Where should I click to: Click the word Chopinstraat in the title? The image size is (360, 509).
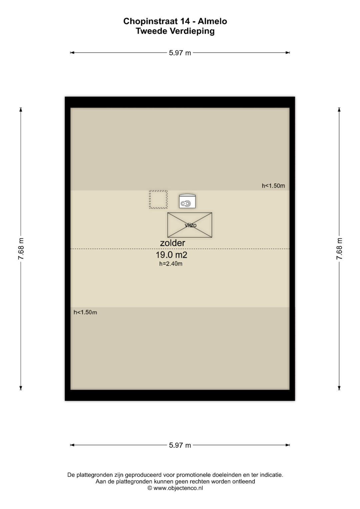(x=150, y=21)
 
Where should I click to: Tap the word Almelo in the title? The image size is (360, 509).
(x=212, y=21)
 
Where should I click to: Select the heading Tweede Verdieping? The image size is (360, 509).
(x=175, y=31)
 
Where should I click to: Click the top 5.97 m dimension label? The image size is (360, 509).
(x=180, y=53)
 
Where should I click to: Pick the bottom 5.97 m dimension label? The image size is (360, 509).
(x=180, y=445)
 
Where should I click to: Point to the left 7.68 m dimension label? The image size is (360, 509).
(x=21, y=249)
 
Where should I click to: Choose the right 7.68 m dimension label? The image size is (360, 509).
(x=339, y=249)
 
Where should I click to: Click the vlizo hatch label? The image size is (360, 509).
(x=190, y=225)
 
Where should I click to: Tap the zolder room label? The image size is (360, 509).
(x=173, y=243)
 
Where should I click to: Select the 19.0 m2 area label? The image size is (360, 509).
(x=171, y=255)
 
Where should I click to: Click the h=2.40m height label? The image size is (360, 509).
(x=171, y=264)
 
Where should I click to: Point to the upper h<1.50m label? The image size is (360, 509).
(x=273, y=186)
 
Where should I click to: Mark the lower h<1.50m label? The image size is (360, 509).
(x=85, y=312)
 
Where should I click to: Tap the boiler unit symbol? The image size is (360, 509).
(x=187, y=201)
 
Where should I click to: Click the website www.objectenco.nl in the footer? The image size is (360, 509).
(x=178, y=488)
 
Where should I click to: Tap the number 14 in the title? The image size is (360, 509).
(x=185, y=21)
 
